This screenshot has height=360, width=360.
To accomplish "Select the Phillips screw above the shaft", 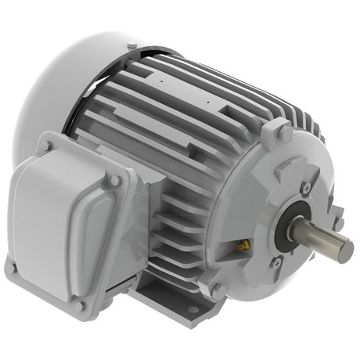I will [306, 188].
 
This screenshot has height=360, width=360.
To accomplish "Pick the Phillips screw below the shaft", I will [275, 264].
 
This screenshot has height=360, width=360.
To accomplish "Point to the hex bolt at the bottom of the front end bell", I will [217, 290].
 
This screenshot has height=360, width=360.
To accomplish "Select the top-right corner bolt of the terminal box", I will [116, 181].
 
